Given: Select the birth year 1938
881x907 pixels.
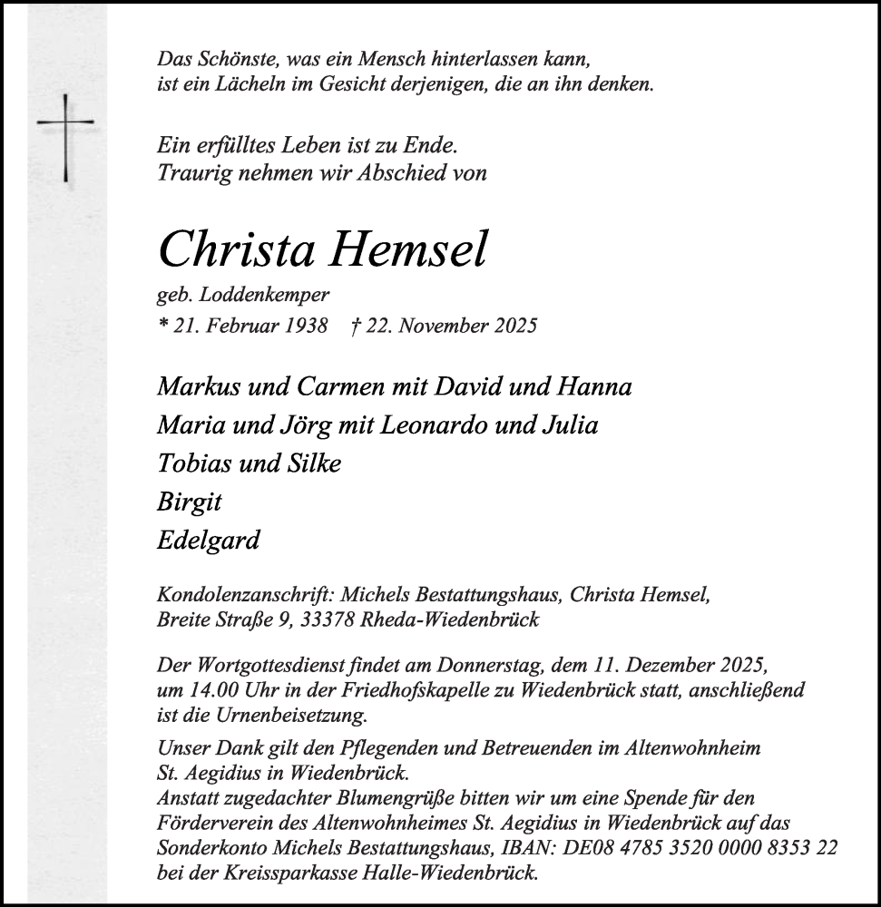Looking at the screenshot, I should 304,326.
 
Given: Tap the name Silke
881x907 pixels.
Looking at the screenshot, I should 311,463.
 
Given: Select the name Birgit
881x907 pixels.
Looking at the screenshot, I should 190,502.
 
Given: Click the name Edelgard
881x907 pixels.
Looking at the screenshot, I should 209,541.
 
